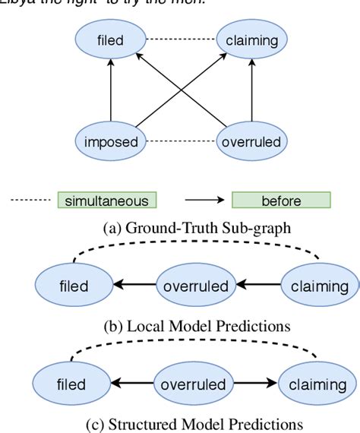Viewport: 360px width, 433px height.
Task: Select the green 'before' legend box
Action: click(x=281, y=201)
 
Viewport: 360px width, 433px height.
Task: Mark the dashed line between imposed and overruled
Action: click(x=182, y=141)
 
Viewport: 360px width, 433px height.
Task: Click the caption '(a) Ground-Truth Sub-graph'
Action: click(x=181, y=226)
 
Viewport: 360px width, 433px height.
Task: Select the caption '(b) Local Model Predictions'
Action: click(x=181, y=327)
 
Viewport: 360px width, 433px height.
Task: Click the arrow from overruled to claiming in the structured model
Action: click(x=254, y=382)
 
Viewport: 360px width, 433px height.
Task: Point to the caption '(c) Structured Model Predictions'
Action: click(x=181, y=422)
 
